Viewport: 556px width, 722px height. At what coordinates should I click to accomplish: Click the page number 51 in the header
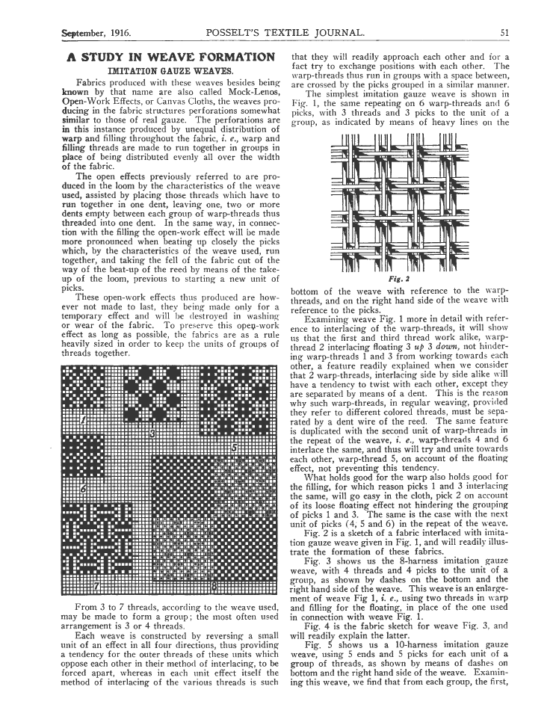505,33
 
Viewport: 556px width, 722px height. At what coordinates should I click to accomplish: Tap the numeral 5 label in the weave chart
235,448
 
